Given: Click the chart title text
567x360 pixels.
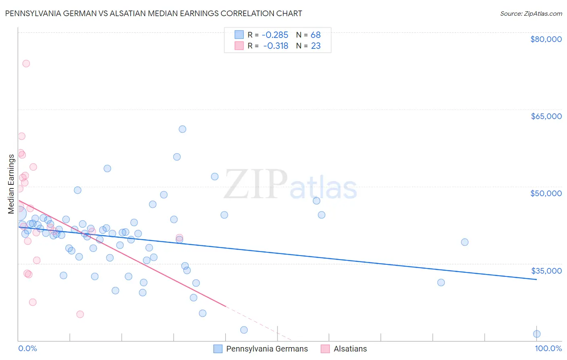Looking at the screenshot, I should click(x=153, y=13).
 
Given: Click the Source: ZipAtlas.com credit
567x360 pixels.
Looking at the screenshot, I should click(x=531, y=14).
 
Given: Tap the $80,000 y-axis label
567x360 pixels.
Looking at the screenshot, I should click(x=546, y=39).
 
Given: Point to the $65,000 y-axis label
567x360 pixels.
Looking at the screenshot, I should click(x=546, y=116).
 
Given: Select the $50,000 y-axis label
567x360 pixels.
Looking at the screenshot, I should click(x=546, y=193).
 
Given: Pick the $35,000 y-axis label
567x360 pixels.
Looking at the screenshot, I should click(x=546, y=271).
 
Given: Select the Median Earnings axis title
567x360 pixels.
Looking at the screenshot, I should click(x=11, y=184).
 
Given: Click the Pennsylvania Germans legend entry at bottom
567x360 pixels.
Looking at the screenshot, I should click(x=267, y=349).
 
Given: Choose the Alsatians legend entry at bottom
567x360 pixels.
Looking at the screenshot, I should click(x=350, y=349).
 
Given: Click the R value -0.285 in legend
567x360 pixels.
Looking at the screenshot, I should click(x=275, y=35).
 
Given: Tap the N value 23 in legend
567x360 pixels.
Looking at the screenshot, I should click(x=316, y=46).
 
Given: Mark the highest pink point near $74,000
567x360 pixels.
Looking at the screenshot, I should click(x=26, y=63).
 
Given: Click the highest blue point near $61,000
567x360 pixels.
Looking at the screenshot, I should click(x=182, y=129).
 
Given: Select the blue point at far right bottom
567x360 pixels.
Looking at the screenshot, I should click(x=536, y=334).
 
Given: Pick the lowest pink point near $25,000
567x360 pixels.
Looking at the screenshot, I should click(x=80, y=314).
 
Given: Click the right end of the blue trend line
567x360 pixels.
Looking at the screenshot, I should click(x=536, y=279).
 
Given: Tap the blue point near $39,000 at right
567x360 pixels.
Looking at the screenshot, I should click(x=465, y=242).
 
